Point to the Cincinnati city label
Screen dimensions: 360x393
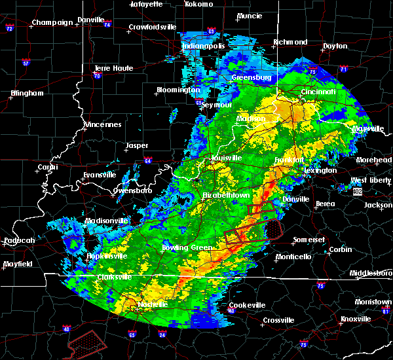(x=318, y=92)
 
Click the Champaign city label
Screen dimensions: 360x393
(x=53, y=22)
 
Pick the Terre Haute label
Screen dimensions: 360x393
(x=114, y=68)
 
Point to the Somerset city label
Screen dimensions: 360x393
(x=308, y=240)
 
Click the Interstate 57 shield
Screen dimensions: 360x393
(x=26, y=63)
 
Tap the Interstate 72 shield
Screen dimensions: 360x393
(x=9, y=29)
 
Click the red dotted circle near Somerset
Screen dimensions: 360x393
(x=273, y=229)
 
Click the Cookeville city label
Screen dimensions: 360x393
(x=248, y=305)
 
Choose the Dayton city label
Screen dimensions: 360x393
(x=335, y=46)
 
